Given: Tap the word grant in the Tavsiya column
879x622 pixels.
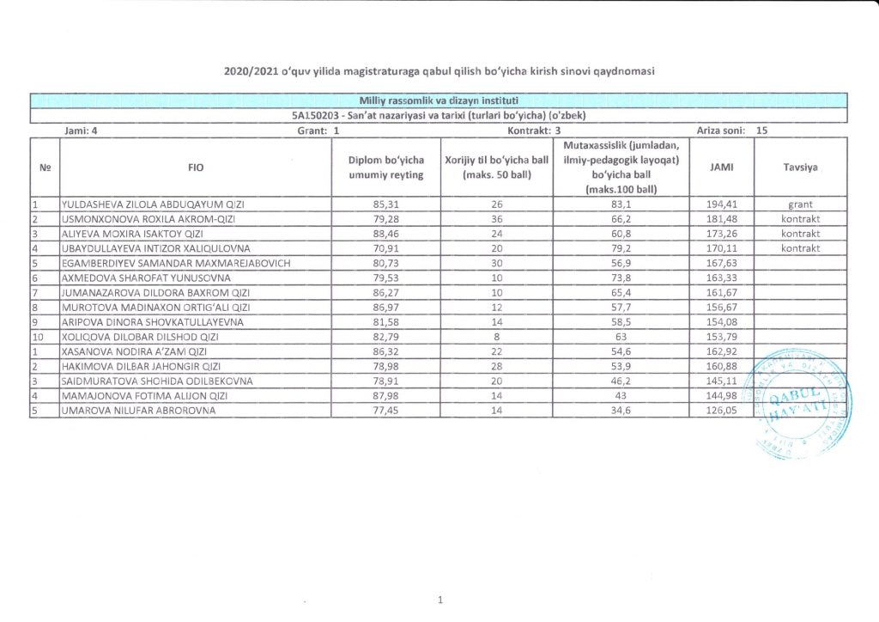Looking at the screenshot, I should [x=800, y=205].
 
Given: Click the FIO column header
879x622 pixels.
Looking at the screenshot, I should [x=196, y=168].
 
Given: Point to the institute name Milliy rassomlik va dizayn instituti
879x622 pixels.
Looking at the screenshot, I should [x=439, y=101].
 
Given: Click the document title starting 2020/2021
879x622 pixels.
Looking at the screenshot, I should [x=439, y=71].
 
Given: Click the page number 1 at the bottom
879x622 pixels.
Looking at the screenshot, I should [x=439, y=600].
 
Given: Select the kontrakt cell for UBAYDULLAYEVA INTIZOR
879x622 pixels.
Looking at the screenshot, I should [x=800, y=248].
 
